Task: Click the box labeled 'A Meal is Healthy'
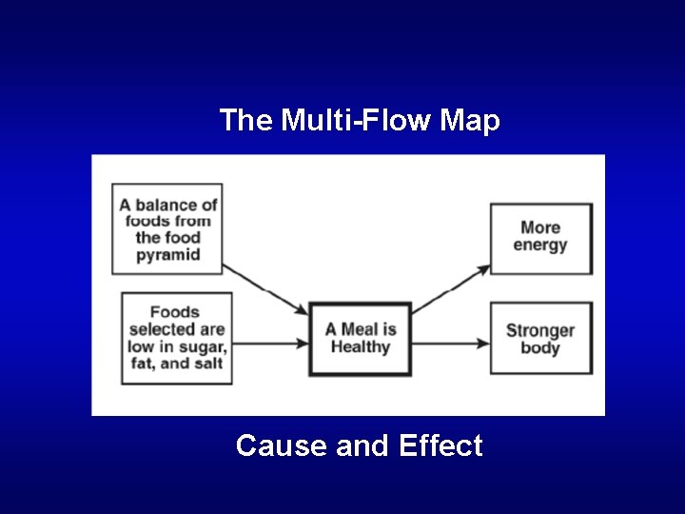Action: (x=361, y=339)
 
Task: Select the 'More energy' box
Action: (x=540, y=238)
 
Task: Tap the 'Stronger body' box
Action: (x=540, y=339)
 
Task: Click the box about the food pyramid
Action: (x=167, y=229)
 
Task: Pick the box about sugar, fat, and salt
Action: (x=177, y=338)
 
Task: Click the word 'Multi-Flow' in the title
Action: (x=358, y=121)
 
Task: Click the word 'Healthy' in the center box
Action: (x=361, y=347)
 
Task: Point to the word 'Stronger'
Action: (x=540, y=330)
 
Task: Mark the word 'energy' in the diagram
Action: (x=540, y=246)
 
